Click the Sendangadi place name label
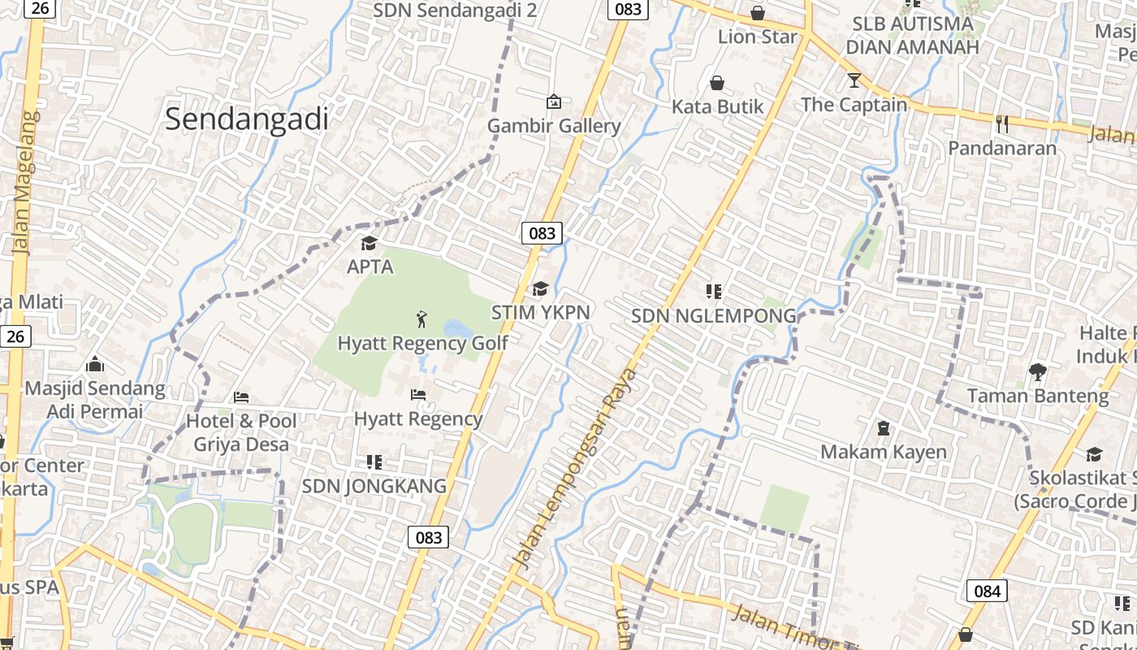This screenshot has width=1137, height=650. [247, 119]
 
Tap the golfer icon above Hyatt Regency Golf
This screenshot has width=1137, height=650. [422, 318]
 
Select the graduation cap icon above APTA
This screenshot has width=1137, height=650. [370, 243]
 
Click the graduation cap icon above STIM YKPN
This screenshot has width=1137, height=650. [540, 288]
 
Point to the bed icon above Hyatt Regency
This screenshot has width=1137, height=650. [418, 395]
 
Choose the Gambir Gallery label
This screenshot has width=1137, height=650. [554, 126]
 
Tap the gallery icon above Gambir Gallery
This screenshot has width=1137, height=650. [554, 102]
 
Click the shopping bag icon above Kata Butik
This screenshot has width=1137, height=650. [717, 82]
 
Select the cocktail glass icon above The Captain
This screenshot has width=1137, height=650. [854, 80]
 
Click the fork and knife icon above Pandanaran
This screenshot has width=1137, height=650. [1002, 123]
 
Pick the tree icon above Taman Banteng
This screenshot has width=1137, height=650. [1037, 372]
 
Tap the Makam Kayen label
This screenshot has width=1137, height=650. [884, 452]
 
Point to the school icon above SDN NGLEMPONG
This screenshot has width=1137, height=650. [714, 291]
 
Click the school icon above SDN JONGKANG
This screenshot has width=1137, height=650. [374, 462]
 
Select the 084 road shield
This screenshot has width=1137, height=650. [987, 591]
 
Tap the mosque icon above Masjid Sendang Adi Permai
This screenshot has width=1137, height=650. [95, 364]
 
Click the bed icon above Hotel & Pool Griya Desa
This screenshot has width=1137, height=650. [241, 397]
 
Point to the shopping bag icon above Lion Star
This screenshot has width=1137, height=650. [758, 13]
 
